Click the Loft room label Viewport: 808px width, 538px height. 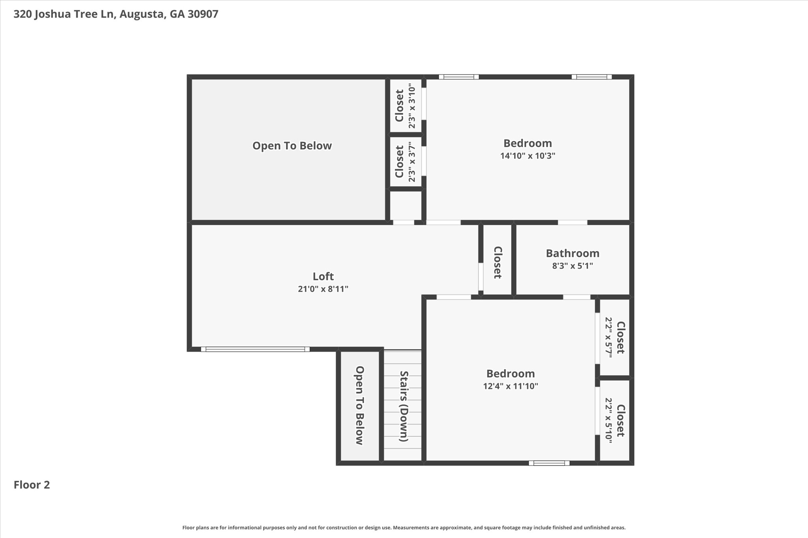[323, 276]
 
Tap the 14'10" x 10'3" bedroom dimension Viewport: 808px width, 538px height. [527, 156]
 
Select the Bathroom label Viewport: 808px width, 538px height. [572, 253]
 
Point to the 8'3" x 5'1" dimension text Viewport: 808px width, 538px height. [572, 266]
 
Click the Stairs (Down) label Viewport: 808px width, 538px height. [403, 406]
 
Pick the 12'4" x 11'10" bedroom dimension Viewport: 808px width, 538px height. [511, 386]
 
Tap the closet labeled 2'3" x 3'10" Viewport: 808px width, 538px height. [406, 106]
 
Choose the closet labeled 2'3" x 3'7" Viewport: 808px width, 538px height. [406, 162]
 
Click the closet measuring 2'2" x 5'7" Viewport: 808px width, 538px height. [614, 337]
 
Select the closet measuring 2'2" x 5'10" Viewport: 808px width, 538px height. [614, 420]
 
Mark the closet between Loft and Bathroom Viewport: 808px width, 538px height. [498, 262]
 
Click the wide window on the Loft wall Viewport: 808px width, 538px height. [255, 349]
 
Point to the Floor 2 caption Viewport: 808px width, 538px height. [32, 485]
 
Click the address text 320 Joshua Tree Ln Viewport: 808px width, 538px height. [64, 14]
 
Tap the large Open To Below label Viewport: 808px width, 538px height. [292, 146]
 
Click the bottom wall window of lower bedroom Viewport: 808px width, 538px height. [549, 463]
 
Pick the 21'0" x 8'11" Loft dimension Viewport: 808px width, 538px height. [323, 289]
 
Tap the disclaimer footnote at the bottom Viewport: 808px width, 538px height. [404, 527]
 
